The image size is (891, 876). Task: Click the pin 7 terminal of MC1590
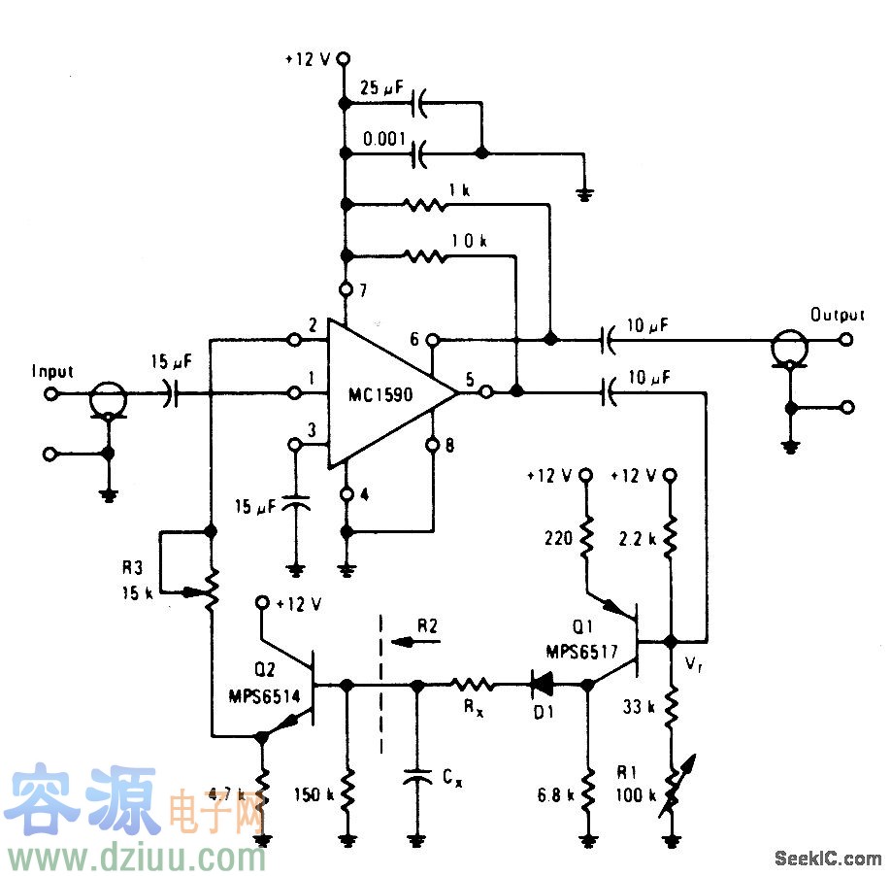(346, 289)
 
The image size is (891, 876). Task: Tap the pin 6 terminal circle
(434, 340)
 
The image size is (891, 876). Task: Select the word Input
(53, 371)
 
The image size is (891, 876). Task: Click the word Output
(837, 315)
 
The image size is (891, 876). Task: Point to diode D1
(544, 685)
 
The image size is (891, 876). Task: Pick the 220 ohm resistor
(586, 538)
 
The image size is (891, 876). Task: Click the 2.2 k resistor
(671, 538)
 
